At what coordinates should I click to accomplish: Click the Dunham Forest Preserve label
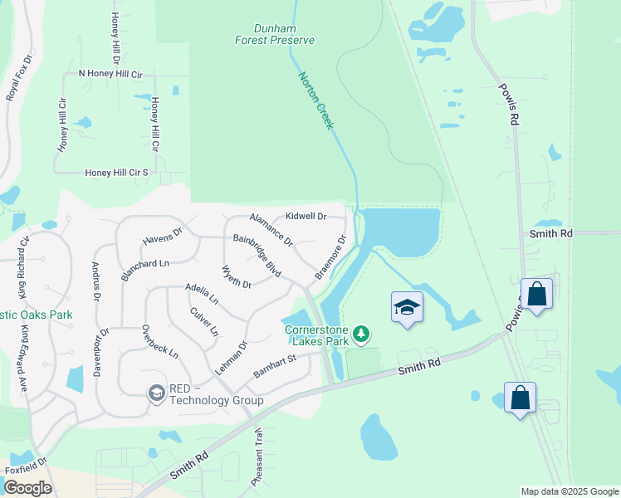[273, 33]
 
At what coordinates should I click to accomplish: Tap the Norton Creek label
[315, 99]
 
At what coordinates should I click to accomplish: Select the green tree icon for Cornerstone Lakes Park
[360, 334]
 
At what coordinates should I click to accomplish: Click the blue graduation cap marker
[407, 307]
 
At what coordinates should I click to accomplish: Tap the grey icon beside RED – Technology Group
[156, 393]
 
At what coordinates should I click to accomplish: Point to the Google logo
[27, 488]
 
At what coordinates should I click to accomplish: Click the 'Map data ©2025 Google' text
[569, 491]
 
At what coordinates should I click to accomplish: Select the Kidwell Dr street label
[306, 217]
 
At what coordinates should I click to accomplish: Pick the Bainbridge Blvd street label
[257, 256]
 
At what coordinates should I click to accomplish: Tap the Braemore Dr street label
[330, 258]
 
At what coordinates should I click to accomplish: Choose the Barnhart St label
[275, 366]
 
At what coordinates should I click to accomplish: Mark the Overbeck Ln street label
[160, 341]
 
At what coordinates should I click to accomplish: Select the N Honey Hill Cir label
[110, 75]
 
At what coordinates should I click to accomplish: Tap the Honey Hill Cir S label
[116, 173]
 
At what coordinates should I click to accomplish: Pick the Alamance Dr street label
[271, 228]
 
